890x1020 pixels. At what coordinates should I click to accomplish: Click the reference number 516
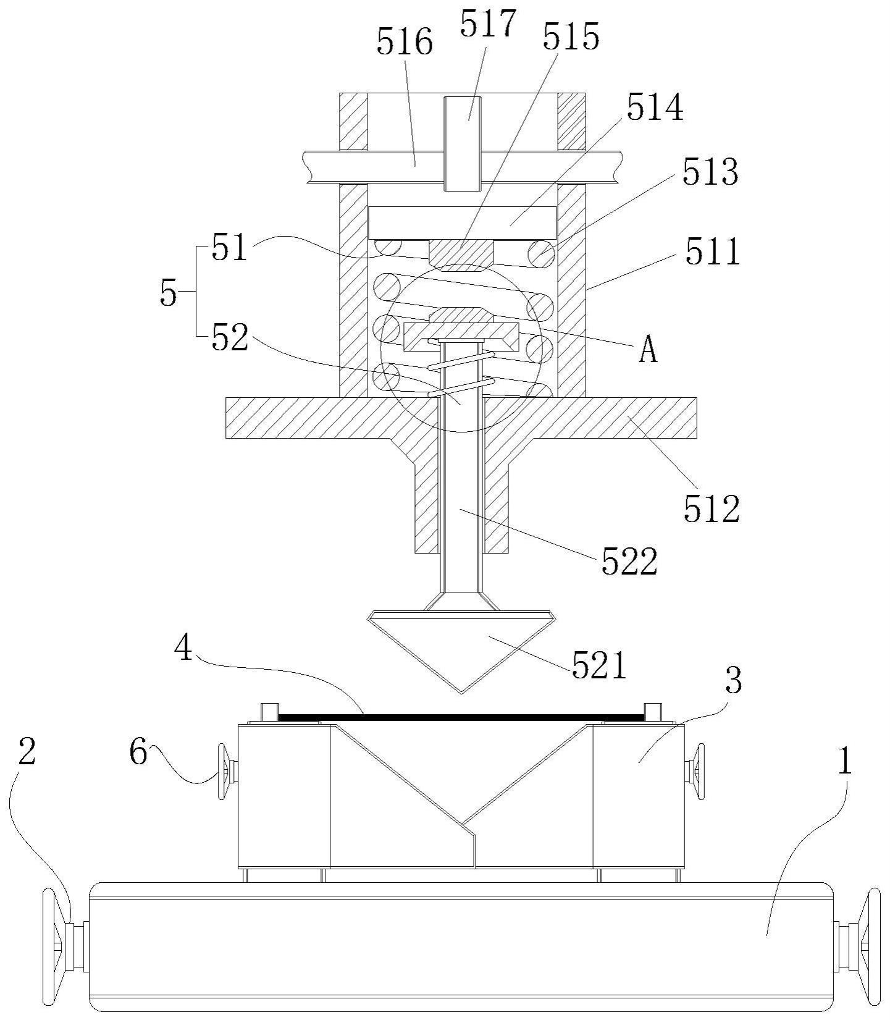pyautogui.click(x=405, y=44)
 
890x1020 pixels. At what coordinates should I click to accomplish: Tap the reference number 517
pyautogui.click(x=487, y=23)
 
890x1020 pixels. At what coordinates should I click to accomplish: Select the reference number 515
pyautogui.click(x=571, y=36)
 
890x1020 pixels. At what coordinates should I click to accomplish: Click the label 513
pyautogui.click(x=710, y=172)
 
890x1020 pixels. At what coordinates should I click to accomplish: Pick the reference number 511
pyautogui.click(x=712, y=253)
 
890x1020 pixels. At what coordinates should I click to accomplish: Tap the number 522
pyautogui.click(x=630, y=561)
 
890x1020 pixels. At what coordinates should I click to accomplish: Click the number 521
pyautogui.click(x=599, y=665)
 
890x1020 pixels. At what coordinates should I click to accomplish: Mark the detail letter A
pyautogui.click(x=648, y=350)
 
